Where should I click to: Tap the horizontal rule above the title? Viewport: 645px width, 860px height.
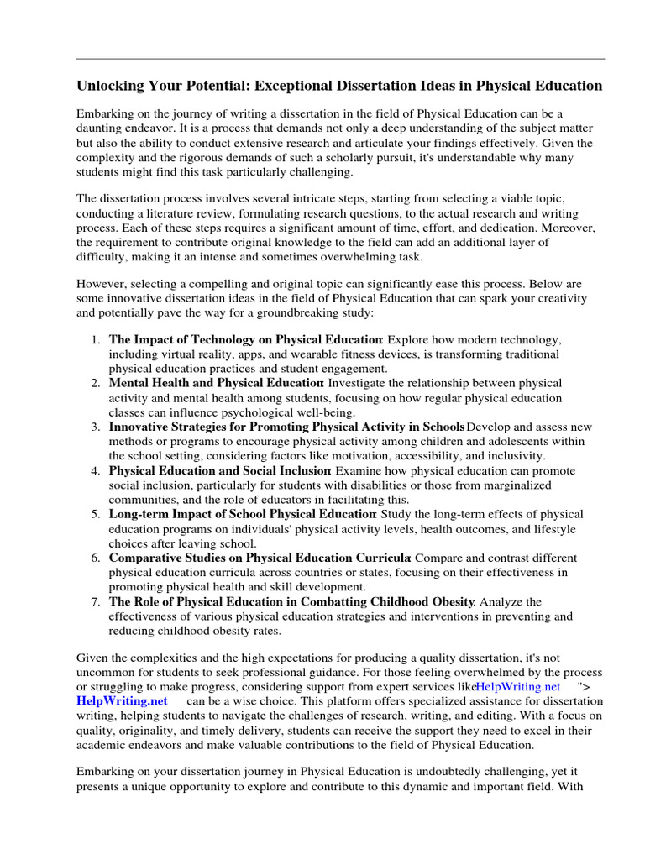click(x=340, y=59)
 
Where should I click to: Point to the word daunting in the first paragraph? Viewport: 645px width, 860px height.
click(x=101, y=128)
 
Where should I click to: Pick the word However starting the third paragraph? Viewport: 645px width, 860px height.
click(x=102, y=284)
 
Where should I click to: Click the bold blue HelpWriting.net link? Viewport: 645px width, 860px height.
click(x=122, y=701)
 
